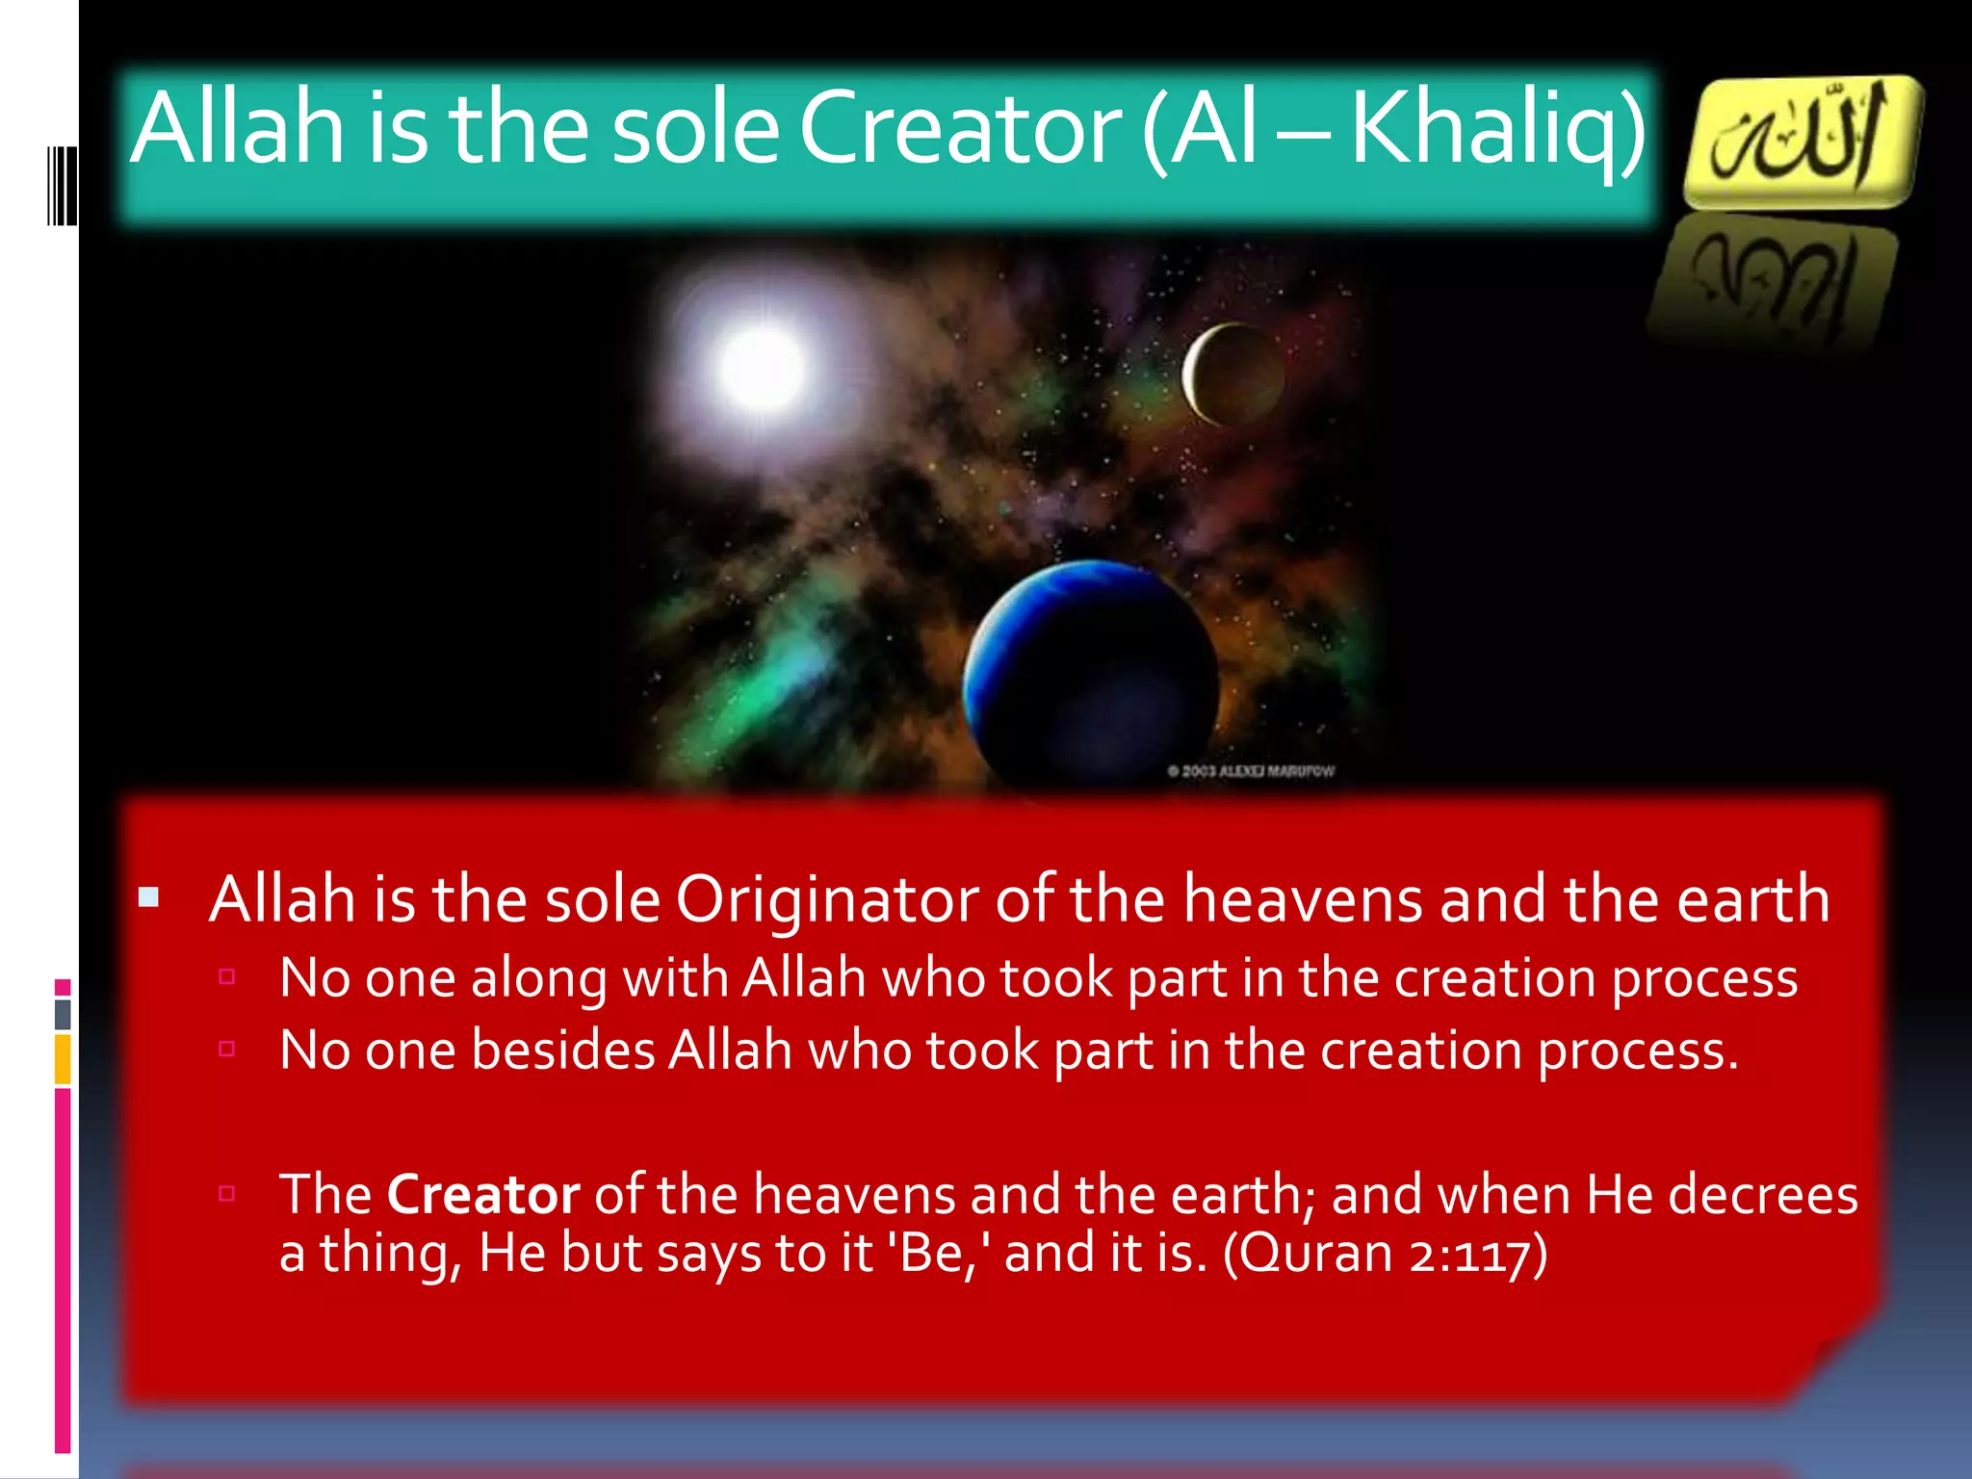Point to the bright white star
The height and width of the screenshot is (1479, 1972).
coord(761,369)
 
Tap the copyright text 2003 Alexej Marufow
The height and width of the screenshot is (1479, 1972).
coord(1251,771)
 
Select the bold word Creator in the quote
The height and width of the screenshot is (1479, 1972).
coord(482,1195)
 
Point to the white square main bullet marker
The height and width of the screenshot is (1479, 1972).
coord(148,898)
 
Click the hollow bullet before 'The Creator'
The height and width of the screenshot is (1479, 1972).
coord(227,1194)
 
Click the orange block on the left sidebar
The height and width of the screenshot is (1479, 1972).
coord(63,1058)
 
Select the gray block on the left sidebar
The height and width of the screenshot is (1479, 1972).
coord(63,1013)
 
